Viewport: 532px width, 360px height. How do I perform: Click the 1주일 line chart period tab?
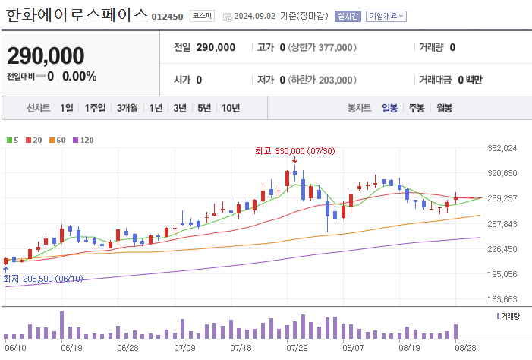click(x=95, y=108)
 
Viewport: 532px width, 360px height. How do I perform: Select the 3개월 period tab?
click(x=127, y=108)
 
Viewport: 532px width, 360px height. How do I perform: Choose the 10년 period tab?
click(x=231, y=108)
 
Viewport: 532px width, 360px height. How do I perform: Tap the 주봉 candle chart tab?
click(x=417, y=108)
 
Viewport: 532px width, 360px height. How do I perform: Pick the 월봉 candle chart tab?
click(x=444, y=108)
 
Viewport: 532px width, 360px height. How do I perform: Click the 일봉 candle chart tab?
click(x=390, y=108)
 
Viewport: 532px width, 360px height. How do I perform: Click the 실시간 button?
click(x=348, y=16)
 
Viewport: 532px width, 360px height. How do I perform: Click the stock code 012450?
click(x=167, y=17)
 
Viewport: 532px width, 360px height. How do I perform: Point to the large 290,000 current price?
click(x=46, y=55)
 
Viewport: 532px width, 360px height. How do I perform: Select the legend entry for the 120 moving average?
click(x=83, y=140)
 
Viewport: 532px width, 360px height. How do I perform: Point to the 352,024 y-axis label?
click(x=502, y=148)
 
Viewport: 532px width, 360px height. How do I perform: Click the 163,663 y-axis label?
click(x=502, y=299)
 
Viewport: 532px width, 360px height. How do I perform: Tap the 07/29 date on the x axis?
click(x=297, y=348)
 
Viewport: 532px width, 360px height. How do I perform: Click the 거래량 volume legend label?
click(x=510, y=314)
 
